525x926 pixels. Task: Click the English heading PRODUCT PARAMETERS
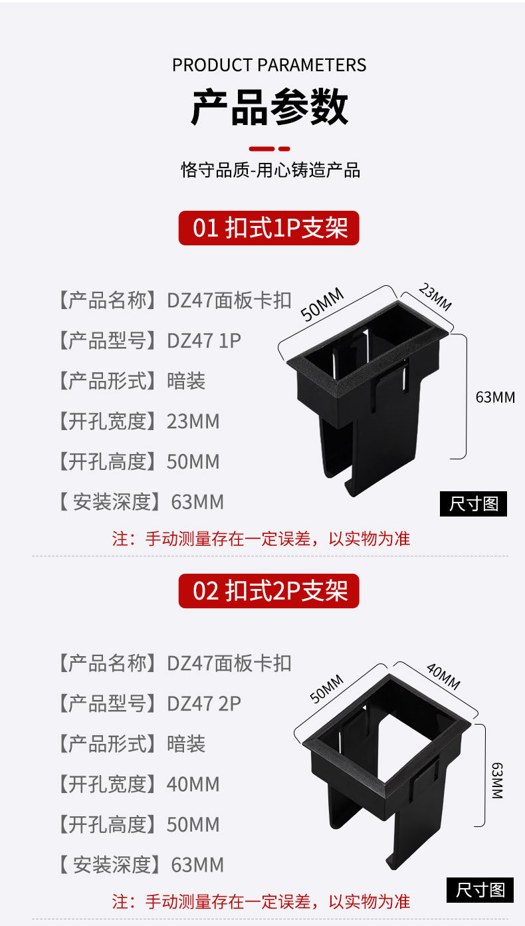tap(269, 65)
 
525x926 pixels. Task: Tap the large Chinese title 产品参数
tap(269, 108)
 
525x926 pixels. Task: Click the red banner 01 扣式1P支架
tap(269, 228)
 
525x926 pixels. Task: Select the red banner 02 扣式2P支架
tap(269, 591)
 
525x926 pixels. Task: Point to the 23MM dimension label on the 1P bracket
tap(435, 296)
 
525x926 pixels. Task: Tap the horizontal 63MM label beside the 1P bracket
tap(495, 398)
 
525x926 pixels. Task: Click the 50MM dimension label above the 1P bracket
tap(322, 304)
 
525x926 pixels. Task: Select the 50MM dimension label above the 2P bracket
tap(326, 689)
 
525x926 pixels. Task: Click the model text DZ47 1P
tap(204, 341)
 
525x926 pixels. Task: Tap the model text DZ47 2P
tap(204, 703)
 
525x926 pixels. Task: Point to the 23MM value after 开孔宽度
tap(193, 421)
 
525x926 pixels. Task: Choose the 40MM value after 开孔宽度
tap(193, 784)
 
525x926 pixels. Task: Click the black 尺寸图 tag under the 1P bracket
tap(473, 504)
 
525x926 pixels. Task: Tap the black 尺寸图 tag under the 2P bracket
tap(480, 889)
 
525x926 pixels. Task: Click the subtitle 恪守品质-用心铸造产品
tap(270, 170)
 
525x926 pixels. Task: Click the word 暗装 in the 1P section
tap(186, 381)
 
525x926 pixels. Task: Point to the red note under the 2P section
tap(261, 901)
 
